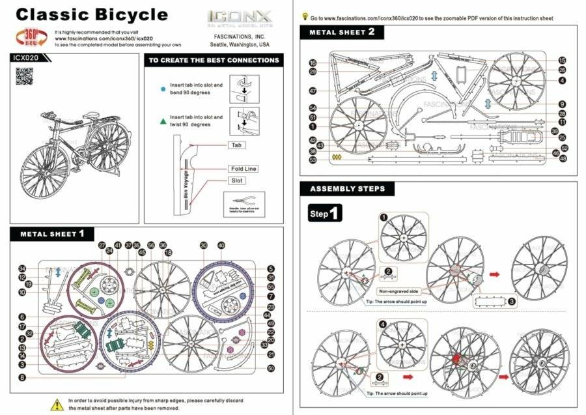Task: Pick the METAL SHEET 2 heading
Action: pos(342,32)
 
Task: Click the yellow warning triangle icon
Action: pos(57,404)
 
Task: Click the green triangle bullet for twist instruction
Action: pos(162,121)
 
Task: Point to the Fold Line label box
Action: pos(244,169)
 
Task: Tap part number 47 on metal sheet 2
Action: pos(313,91)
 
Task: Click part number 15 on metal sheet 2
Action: pos(562,61)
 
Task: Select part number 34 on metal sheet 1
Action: pos(22,268)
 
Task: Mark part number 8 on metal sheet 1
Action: pos(22,377)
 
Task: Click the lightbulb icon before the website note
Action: pos(305,18)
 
